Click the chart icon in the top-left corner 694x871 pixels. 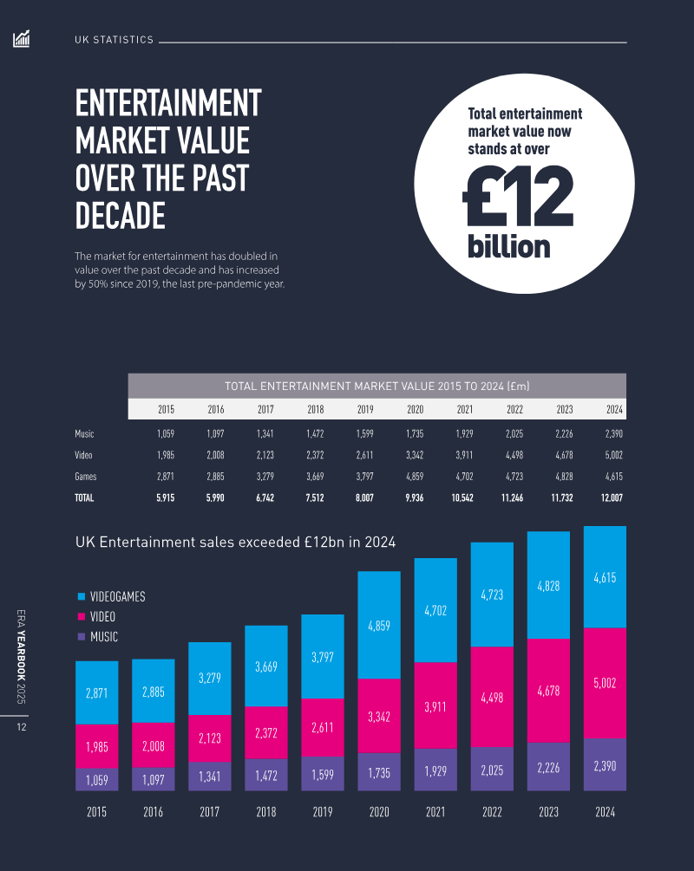(x=22, y=39)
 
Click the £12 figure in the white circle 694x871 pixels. (x=518, y=198)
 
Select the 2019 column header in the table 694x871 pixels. (x=365, y=410)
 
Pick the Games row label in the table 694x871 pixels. (x=85, y=477)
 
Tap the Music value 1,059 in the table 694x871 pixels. (x=166, y=433)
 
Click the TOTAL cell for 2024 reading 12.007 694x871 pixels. (x=610, y=498)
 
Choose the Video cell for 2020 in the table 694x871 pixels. (x=415, y=455)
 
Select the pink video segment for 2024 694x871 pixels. (x=605, y=683)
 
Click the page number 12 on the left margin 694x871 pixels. (x=22, y=727)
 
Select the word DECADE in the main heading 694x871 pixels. (x=120, y=215)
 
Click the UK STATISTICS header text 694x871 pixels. (x=114, y=40)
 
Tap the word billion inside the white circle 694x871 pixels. (x=509, y=245)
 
